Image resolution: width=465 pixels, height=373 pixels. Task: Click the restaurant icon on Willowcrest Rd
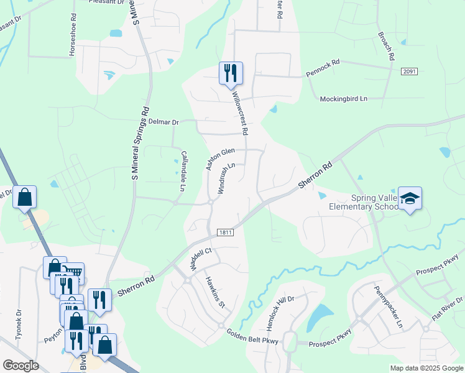click(x=231, y=73)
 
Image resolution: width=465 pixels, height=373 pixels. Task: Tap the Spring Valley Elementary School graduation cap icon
click(x=410, y=198)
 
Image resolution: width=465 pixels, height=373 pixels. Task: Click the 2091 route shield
click(x=408, y=71)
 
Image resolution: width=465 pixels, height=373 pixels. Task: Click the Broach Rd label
click(x=385, y=46)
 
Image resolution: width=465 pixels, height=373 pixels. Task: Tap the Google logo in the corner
click(x=21, y=366)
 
